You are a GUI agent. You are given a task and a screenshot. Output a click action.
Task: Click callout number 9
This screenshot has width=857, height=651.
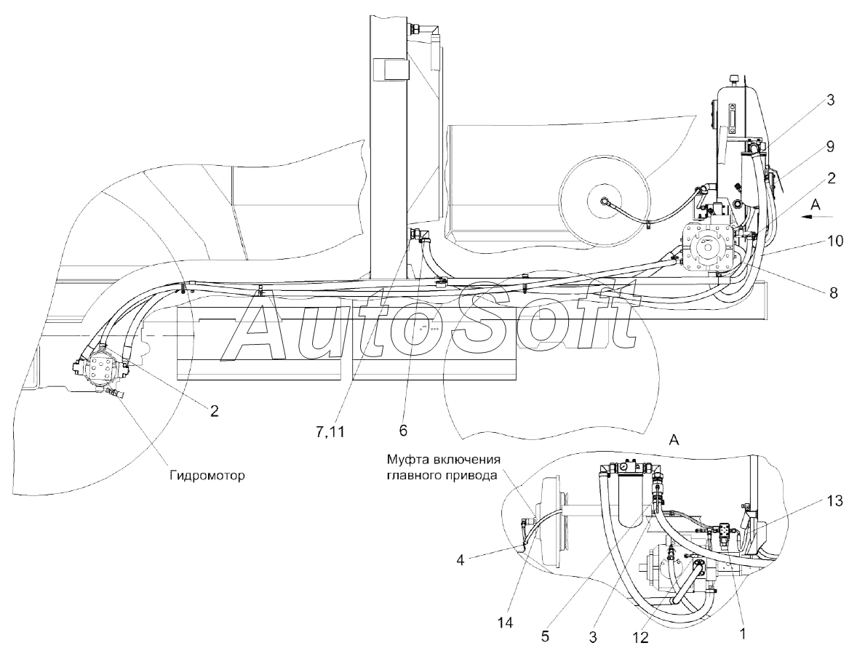[x=830, y=146]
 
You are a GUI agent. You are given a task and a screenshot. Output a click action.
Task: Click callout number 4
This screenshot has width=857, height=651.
[x=461, y=560]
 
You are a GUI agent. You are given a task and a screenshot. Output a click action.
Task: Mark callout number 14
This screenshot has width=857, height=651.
[x=506, y=622]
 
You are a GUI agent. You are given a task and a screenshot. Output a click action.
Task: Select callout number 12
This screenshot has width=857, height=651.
[x=640, y=636]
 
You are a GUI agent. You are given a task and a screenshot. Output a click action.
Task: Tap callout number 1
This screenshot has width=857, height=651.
[x=741, y=634]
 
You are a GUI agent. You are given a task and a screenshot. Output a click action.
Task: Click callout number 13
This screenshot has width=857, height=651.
[x=835, y=500]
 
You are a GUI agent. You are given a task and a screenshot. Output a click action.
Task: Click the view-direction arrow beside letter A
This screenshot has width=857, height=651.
[x=813, y=217]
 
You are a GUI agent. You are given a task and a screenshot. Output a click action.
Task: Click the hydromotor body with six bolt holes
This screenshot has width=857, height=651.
[x=100, y=368]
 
